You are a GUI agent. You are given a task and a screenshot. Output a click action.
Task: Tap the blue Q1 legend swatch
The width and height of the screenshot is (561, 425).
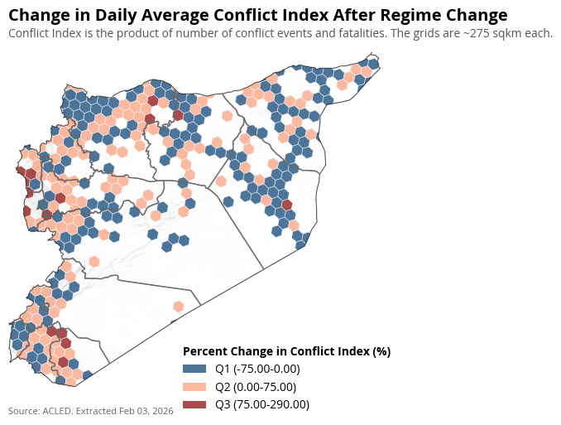pyautogui.click(x=194, y=369)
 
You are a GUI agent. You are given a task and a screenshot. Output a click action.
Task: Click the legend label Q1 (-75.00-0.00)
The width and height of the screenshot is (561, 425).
pyautogui.click(x=257, y=369)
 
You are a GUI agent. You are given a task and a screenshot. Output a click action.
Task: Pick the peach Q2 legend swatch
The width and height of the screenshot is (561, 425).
pyautogui.click(x=194, y=387)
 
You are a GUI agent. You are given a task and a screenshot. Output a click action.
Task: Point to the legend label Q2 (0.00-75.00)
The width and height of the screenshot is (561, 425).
pyautogui.click(x=255, y=387)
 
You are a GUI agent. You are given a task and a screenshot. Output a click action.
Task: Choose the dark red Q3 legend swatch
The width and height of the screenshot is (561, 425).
pyautogui.click(x=194, y=404)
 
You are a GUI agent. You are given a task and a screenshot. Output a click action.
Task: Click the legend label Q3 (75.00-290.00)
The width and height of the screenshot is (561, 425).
pyautogui.click(x=261, y=404)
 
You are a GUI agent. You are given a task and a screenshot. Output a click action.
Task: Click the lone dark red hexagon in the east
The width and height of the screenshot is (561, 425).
pyautogui.click(x=287, y=205)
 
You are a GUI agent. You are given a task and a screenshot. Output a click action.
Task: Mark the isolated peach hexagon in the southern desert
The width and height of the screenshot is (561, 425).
pyautogui.click(x=177, y=306)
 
